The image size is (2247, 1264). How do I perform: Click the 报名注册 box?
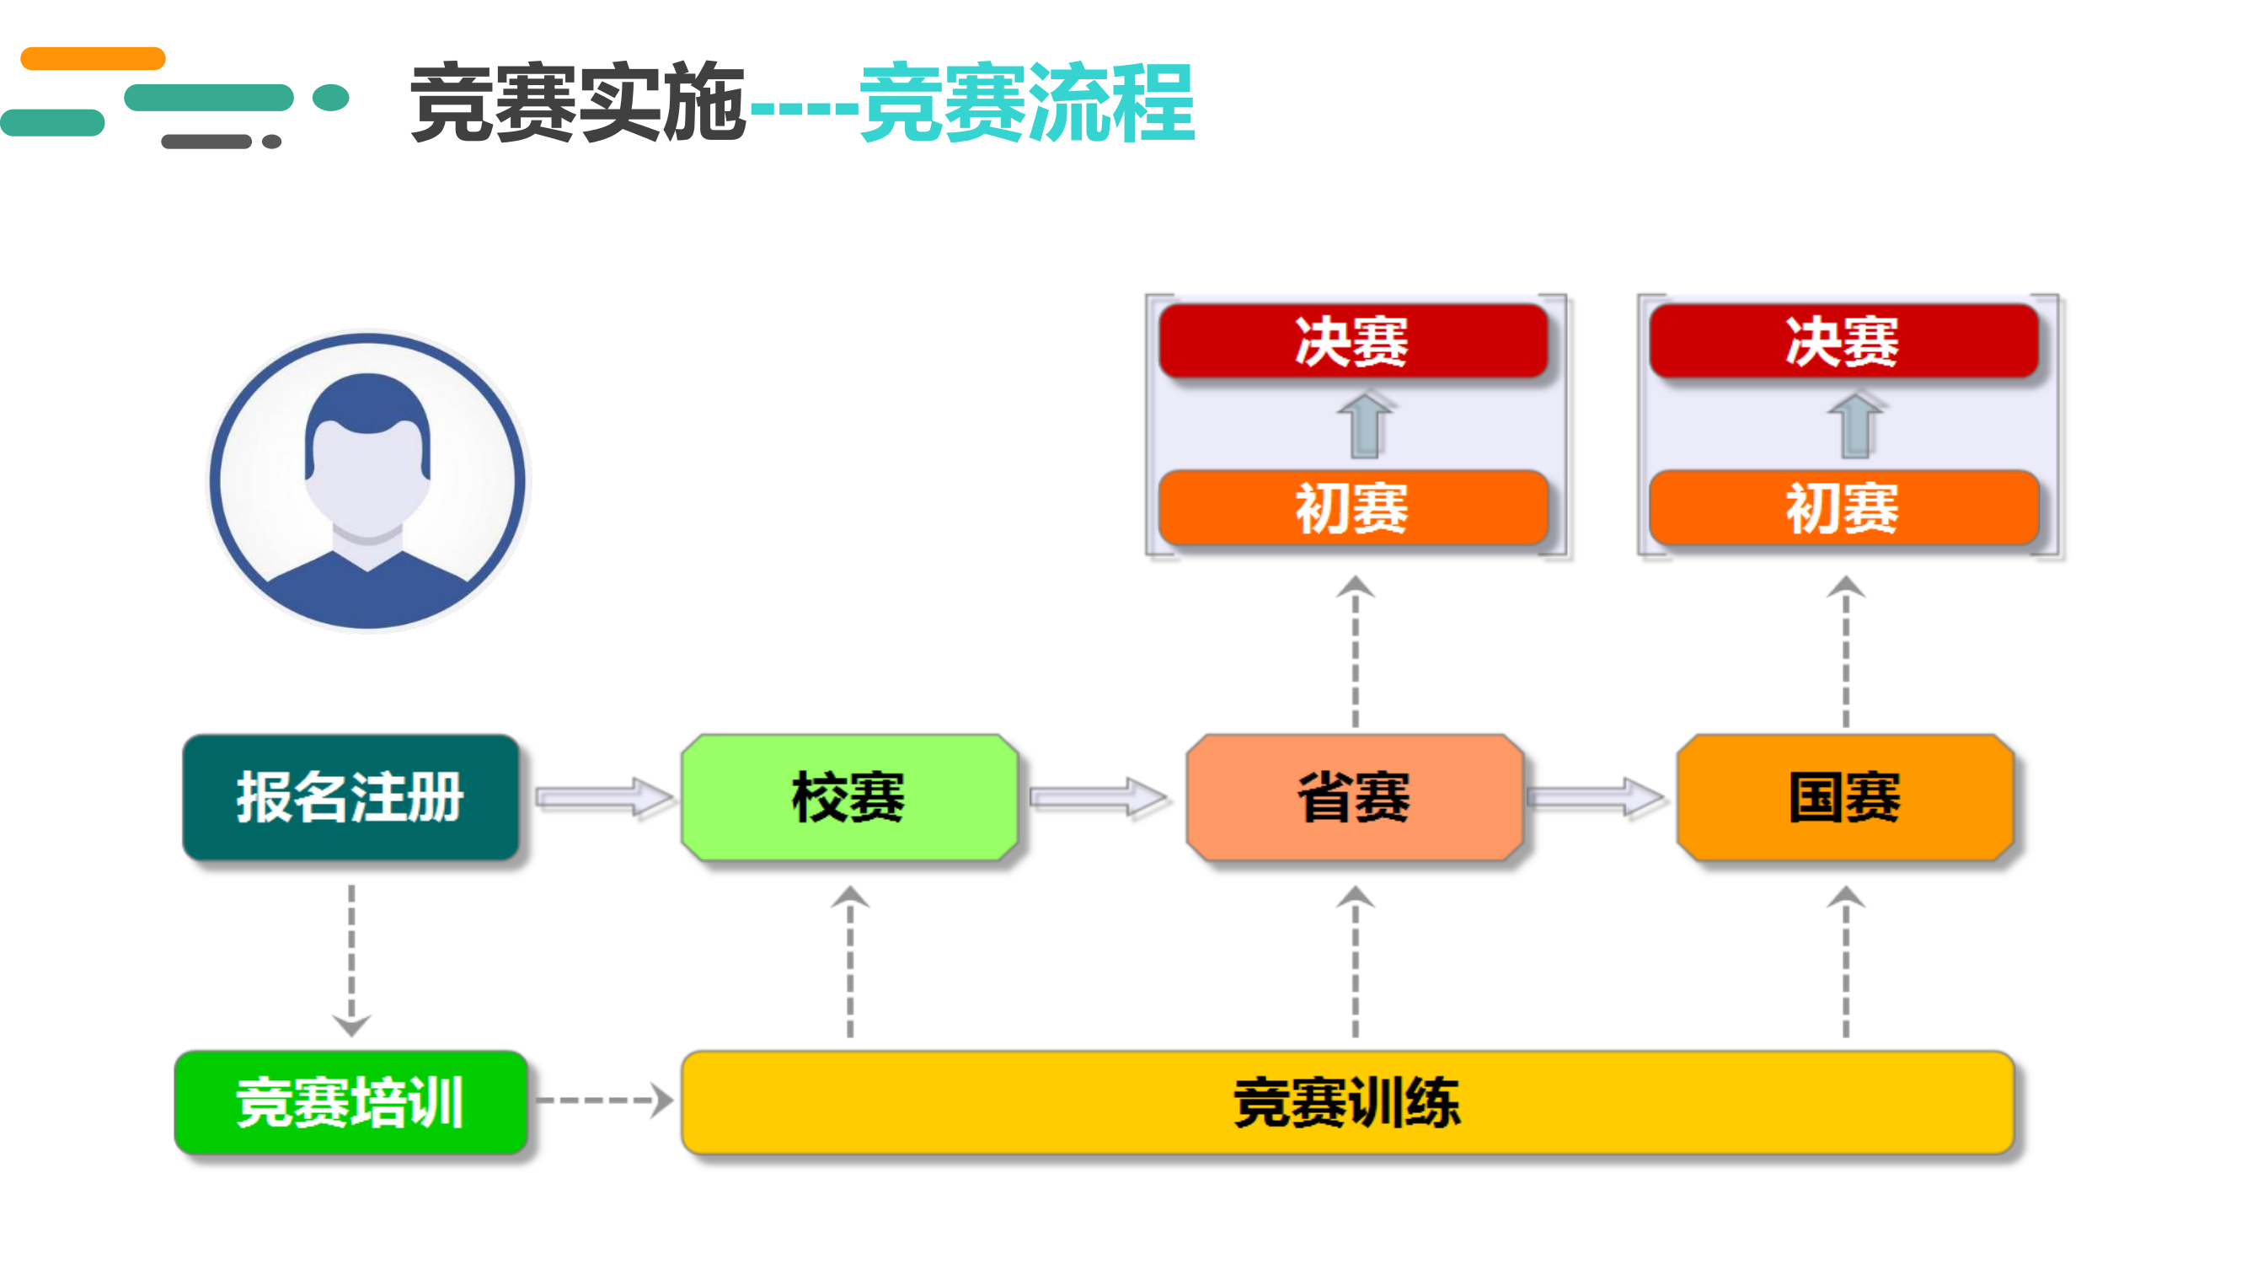click(x=350, y=796)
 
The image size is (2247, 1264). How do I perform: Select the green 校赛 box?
click(x=849, y=796)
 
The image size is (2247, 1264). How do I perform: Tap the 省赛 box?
click(x=1355, y=796)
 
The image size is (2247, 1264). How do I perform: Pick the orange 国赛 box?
click(x=1845, y=796)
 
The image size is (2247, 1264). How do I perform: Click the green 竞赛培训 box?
click(x=350, y=1101)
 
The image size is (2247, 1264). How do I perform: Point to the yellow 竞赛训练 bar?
click(x=1348, y=1101)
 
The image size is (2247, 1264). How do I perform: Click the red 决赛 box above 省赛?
click(x=1353, y=341)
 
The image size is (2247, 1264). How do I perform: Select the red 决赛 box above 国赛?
click(x=1844, y=341)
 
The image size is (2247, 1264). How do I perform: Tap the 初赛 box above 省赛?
click(x=1353, y=507)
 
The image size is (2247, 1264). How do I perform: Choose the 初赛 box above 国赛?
click(x=1844, y=507)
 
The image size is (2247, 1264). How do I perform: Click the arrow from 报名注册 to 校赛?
click(x=603, y=796)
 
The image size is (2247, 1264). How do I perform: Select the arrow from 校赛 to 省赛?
click(x=1098, y=796)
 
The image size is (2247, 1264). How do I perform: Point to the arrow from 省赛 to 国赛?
click(x=1597, y=796)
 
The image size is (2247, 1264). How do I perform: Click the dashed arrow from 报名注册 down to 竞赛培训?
click(x=351, y=961)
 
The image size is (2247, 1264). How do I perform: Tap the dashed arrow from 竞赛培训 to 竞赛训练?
click(x=603, y=1100)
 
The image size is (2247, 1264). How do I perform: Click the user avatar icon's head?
click(x=367, y=453)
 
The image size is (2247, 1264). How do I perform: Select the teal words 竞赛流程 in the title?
click(x=1027, y=102)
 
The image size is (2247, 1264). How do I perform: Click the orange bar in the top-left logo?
click(x=93, y=58)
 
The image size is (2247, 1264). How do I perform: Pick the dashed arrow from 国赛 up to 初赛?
click(x=1846, y=651)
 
